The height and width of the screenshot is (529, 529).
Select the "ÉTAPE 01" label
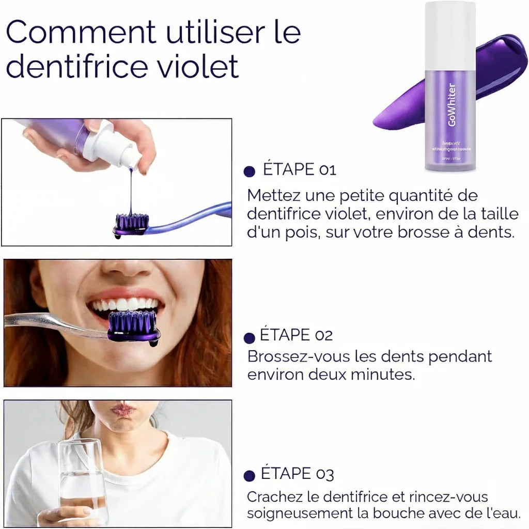click(299, 169)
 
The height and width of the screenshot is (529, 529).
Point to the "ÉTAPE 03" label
click(297, 473)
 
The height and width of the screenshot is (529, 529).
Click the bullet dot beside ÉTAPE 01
click(250, 172)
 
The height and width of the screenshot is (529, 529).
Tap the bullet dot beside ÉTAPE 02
click(250, 338)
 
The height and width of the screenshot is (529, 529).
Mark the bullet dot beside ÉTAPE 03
click(250, 476)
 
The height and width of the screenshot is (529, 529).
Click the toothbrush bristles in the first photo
click(131, 223)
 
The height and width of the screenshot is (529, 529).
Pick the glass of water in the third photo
click(83, 480)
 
